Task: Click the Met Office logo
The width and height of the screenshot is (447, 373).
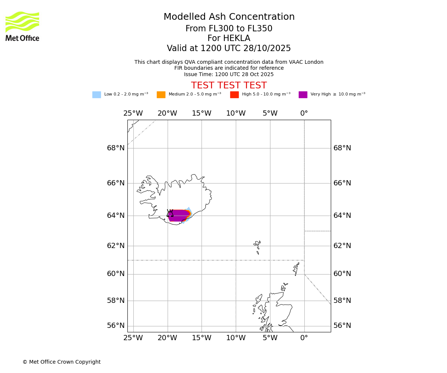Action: pyautogui.click(x=22, y=26)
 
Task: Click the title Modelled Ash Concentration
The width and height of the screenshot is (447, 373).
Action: pyautogui.click(x=229, y=17)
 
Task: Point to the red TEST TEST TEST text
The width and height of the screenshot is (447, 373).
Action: pyautogui.click(x=229, y=85)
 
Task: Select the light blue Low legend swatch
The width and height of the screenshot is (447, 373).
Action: pyautogui.click(x=96, y=95)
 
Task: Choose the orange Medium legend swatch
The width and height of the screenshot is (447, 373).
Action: pyautogui.click(x=161, y=95)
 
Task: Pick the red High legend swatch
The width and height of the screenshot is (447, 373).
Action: pyautogui.click(x=234, y=95)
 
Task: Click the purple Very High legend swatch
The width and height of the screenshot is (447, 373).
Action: pyautogui.click(x=303, y=95)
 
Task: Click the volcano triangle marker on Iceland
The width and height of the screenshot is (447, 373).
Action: pyautogui.click(x=170, y=213)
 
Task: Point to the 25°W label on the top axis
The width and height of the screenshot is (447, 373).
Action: pyautogui.click(x=133, y=113)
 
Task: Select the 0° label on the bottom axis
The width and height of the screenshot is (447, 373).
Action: pyautogui.click(x=304, y=338)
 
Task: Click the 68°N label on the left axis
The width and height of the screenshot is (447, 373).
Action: pyautogui.click(x=116, y=148)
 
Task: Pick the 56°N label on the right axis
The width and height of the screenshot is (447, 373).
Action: pyautogui.click(x=342, y=326)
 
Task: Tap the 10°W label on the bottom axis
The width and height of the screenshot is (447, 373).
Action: pyautogui.click(x=236, y=338)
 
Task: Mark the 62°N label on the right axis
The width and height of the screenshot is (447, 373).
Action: pyautogui.click(x=342, y=246)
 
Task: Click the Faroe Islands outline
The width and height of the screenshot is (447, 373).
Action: pyautogui.click(x=257, y=246)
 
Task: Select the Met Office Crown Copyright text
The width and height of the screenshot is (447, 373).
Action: pyautogui.click(x=61, y=362)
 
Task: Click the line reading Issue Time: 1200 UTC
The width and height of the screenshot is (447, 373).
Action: pyautogui.click(x=229, y=75)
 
